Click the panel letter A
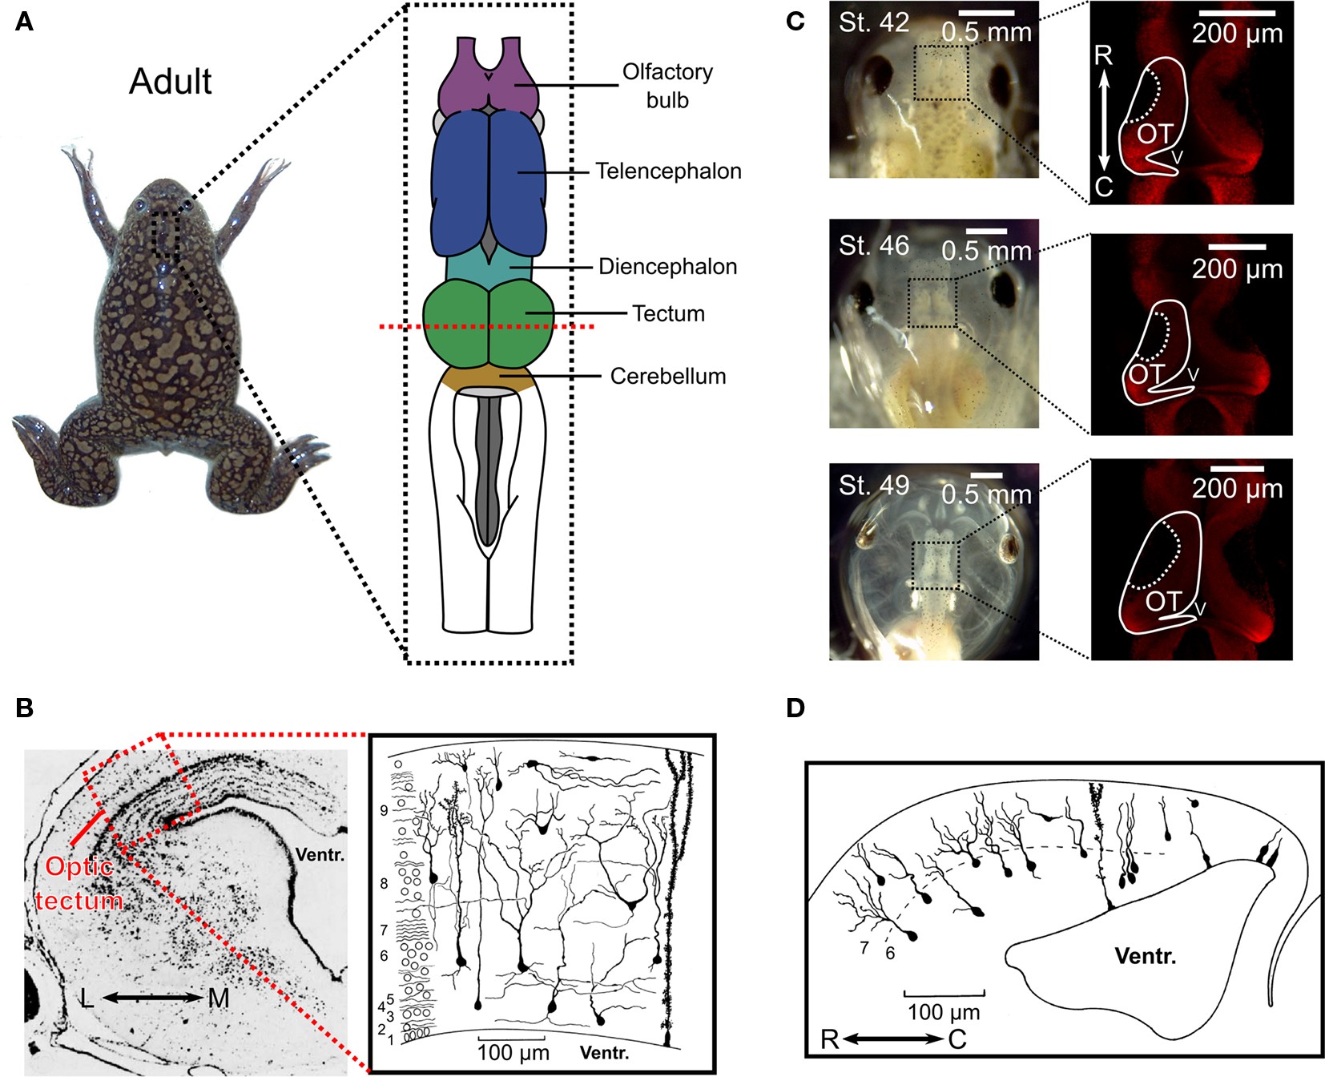click(x=25, y=22)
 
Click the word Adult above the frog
click(x=170, y=82)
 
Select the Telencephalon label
click(x=668, y=171)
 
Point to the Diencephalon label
click(x=667, y=267)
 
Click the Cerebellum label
click(x=667, y=377)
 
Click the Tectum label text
click(x=668, y=314)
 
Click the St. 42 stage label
click(x=873, y=22)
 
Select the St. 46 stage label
click(x=873, y=245)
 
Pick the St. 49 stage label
click(x=873, y=485)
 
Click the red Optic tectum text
click(x=79, y=883)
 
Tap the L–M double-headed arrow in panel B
click(x=151, y=998)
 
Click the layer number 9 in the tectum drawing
click(x=384, y=811)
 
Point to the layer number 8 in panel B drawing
click(x=384, y=884)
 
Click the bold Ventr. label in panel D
click(x=1145, y=955)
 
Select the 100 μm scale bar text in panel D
click(x=944, y=1011)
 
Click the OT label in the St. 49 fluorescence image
click(x=1163, y=601)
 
